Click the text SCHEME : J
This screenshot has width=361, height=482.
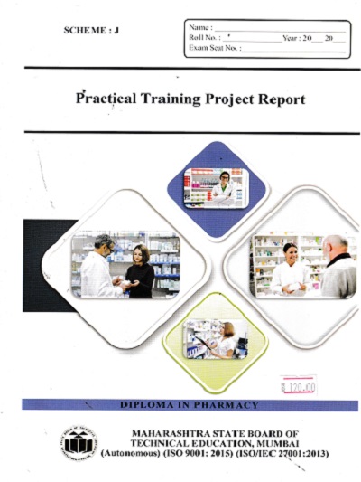tap(91, 32)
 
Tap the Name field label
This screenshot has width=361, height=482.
tap(200, 28)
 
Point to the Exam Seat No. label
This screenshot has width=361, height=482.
tap(215, 48)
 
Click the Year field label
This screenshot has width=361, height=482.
tap(291, 38)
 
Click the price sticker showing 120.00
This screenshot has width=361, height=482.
tap(299, 386)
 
